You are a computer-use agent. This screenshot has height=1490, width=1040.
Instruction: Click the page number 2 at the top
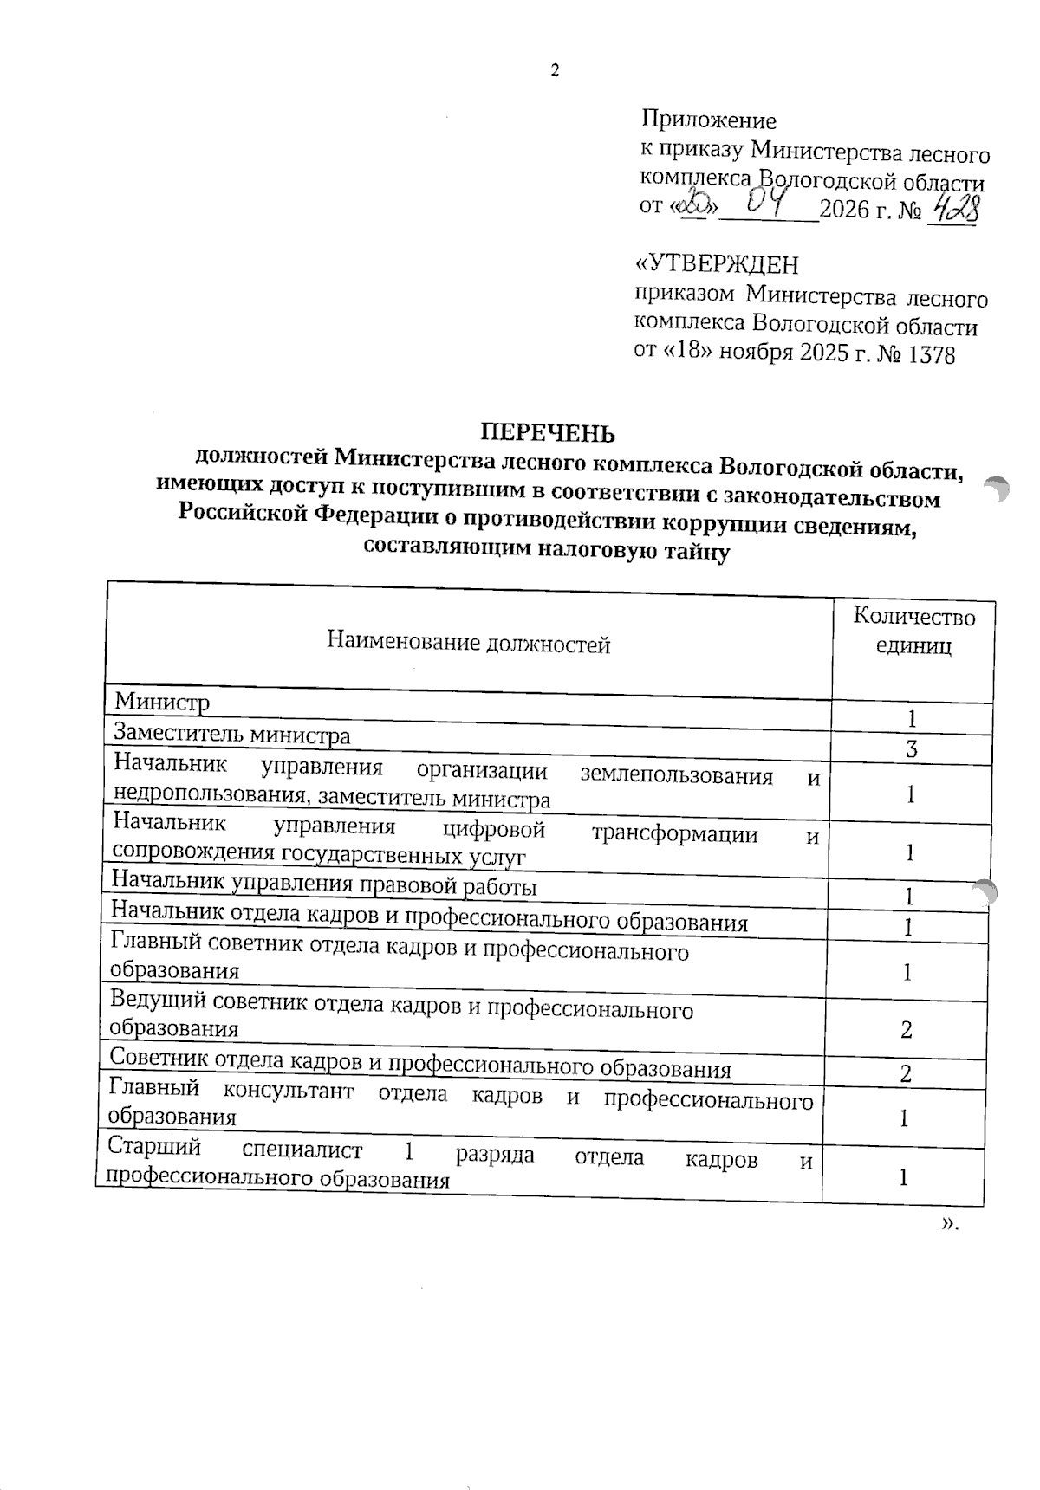tap(555, 72)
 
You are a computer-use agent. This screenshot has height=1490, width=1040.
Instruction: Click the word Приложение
tap(709, 120)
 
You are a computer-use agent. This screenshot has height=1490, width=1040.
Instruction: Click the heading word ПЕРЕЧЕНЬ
tap(549, 432)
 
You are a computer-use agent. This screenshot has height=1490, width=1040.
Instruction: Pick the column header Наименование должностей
tap(468, 643)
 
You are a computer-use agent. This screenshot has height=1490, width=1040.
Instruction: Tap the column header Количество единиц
tap(913, 631)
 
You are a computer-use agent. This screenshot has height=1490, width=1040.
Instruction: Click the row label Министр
tap(162, 701)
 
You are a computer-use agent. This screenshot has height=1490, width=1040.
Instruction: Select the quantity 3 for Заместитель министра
tap(912, 750)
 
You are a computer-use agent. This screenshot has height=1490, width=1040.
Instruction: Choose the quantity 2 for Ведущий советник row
tap(907, 1030)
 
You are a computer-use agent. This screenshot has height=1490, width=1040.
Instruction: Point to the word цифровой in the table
tap(494, 829)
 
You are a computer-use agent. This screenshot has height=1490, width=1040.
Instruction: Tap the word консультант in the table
tap(289, 1091)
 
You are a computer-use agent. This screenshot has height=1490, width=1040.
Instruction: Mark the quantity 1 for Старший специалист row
tap(904, 1177)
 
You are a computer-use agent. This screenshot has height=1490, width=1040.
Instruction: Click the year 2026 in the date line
tap(845, 210)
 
